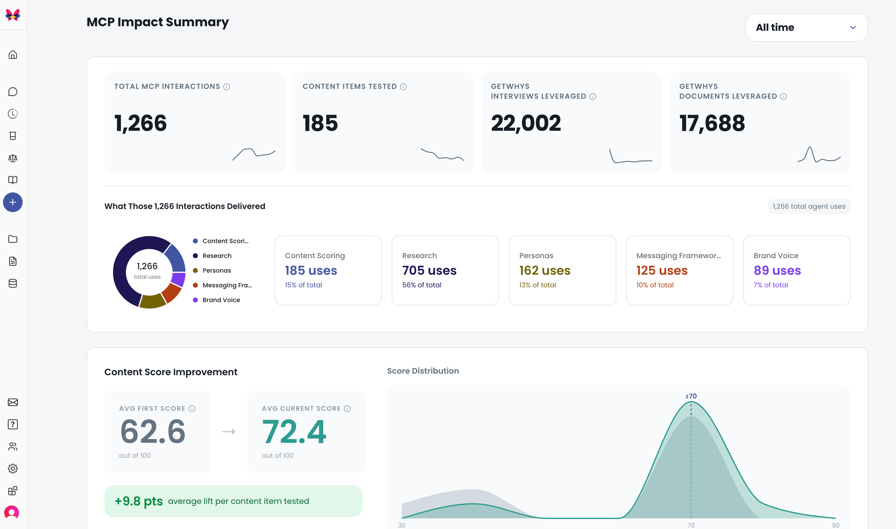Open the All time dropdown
point(806,28)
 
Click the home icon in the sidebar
point(13,55)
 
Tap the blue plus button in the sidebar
point(13,202)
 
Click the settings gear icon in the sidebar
point(13,468)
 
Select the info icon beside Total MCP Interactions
point(227,87)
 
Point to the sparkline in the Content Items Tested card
point(442,155)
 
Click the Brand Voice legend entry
point(217,300)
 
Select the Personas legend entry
point(212,270)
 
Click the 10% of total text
point(655,285)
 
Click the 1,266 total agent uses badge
point(809,206)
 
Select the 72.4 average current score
point(294,432)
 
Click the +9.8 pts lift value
point(139,501)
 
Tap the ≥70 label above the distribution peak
point(691,396)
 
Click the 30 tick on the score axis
point(402,525)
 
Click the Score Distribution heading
point(423,371)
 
